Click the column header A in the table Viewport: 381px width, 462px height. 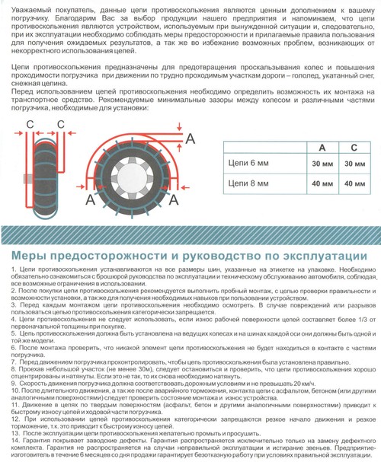point(322,148)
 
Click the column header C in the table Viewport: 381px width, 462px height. point(354,148)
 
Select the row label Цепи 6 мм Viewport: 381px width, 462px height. point(248,163)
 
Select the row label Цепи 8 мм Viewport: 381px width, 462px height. point(248,183)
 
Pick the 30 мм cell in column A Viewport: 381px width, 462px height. point(322,164)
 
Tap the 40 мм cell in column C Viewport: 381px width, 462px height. point(355,183)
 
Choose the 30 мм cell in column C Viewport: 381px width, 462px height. point(355,164)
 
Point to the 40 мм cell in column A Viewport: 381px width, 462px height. point(322,183)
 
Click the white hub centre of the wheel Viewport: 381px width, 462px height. point(132,179)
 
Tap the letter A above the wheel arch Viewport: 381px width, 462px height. point(190,139)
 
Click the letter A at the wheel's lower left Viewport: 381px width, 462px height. point(90,200)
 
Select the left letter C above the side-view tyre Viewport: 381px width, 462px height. point(30,124)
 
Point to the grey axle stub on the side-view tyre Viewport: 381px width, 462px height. point(29,180)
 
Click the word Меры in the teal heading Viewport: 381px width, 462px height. point(29,256)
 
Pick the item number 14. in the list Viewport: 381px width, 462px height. point(16,441)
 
